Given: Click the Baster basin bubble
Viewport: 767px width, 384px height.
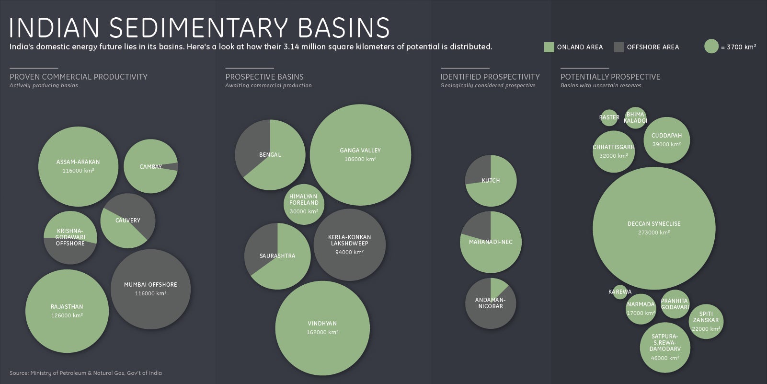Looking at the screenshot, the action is (609, 117).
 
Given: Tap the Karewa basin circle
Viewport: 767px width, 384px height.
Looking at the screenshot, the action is (620, 292).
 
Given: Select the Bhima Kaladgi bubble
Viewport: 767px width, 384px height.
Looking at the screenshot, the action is (636, 118).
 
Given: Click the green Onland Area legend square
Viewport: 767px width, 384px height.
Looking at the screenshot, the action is (549, 47).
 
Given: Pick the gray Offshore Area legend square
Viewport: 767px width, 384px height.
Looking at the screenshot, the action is (619, 47).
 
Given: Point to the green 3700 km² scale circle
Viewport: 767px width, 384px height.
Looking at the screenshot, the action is (711, 46).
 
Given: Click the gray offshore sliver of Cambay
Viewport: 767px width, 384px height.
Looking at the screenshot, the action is (173, 166).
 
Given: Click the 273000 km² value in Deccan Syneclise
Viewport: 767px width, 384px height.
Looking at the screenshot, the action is (653, 233).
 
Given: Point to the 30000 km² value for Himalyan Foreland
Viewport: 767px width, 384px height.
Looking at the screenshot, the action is (304, 211).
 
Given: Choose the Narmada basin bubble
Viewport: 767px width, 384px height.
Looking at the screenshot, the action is (641, 309).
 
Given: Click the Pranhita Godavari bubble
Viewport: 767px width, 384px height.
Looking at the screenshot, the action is (675, 304).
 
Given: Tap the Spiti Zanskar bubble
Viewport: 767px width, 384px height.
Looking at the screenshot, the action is (706, 321).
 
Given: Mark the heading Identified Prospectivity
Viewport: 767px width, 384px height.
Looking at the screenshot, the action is (490, 77).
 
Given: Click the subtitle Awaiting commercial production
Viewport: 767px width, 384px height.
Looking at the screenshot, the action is (268, 85).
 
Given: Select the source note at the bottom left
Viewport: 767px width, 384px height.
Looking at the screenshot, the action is (86, 372).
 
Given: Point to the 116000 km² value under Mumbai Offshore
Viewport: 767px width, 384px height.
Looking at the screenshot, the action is (150, 293).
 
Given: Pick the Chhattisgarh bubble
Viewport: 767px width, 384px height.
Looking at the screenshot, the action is (614, 151).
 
